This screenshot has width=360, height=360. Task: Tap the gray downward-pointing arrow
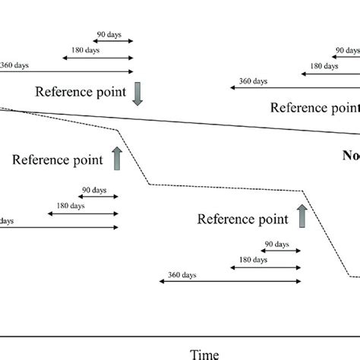(137, 92)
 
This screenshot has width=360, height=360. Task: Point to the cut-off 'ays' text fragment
(6, 221)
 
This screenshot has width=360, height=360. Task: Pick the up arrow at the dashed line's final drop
(302, 216)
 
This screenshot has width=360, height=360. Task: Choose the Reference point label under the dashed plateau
(243, 219)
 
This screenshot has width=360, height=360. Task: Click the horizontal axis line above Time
(180, 335)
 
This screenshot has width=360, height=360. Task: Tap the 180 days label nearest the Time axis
(252, 259)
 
